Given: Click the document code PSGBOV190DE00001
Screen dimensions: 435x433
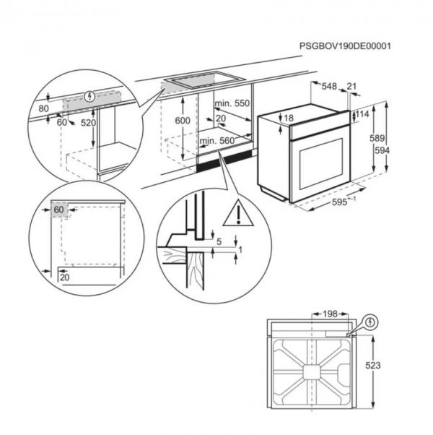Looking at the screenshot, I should [x=345, y=46].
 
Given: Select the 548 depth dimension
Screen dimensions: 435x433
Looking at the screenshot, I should [x=329, y=87].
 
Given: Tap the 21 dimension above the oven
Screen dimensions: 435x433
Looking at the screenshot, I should [x=352, y=87].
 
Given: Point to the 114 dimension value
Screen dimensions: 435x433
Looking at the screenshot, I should [x=363, y=113].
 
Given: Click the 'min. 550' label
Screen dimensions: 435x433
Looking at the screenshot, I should [x=232, y=104].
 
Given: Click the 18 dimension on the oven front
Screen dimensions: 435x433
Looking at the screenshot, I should [x=289, y=118].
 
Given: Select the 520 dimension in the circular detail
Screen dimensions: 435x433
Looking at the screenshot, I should [x=88, y=123].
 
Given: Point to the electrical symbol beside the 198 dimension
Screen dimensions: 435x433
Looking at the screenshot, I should [x=371, y=321].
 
